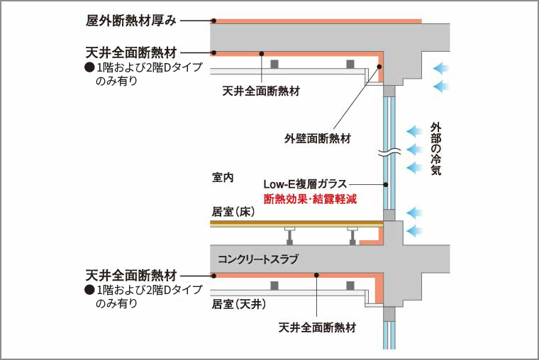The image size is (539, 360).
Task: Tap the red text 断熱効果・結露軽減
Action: pos(309,200)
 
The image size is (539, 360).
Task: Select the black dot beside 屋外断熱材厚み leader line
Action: pos(213,21)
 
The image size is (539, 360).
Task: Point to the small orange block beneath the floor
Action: pos(368,242)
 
